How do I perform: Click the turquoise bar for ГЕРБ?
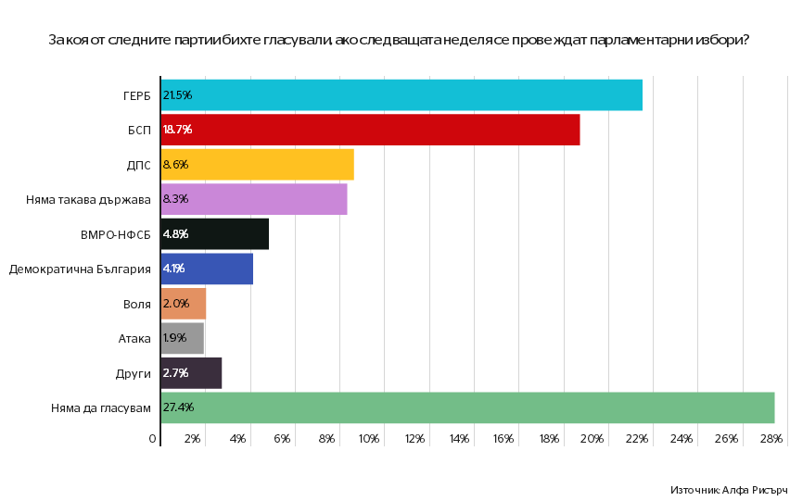tap(401, 95)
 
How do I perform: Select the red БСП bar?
tap(370, 130)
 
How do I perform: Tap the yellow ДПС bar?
tap(257, 165)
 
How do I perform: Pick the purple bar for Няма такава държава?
tap(254, 199)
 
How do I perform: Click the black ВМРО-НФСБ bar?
tap(214, 234)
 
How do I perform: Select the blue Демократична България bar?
tap(207, 269)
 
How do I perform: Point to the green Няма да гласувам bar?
tap(467, 407)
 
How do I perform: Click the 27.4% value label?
tap(178, 407)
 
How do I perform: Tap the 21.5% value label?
tap(177, 95)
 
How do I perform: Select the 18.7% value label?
tap(177, 130)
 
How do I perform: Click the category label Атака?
tap(134, 338)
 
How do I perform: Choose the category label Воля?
tap(136, 304)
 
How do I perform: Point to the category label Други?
tap(134, 373)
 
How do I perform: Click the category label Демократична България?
tap(80, 269)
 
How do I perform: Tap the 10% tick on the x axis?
tap(369, 438)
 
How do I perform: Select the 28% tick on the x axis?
tap(771, 438)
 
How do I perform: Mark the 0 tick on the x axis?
tap(153, 438)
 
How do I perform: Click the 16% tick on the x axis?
tap(503, 438)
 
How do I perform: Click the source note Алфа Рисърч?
tap(728, 489)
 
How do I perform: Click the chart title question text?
tap(399, 41)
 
